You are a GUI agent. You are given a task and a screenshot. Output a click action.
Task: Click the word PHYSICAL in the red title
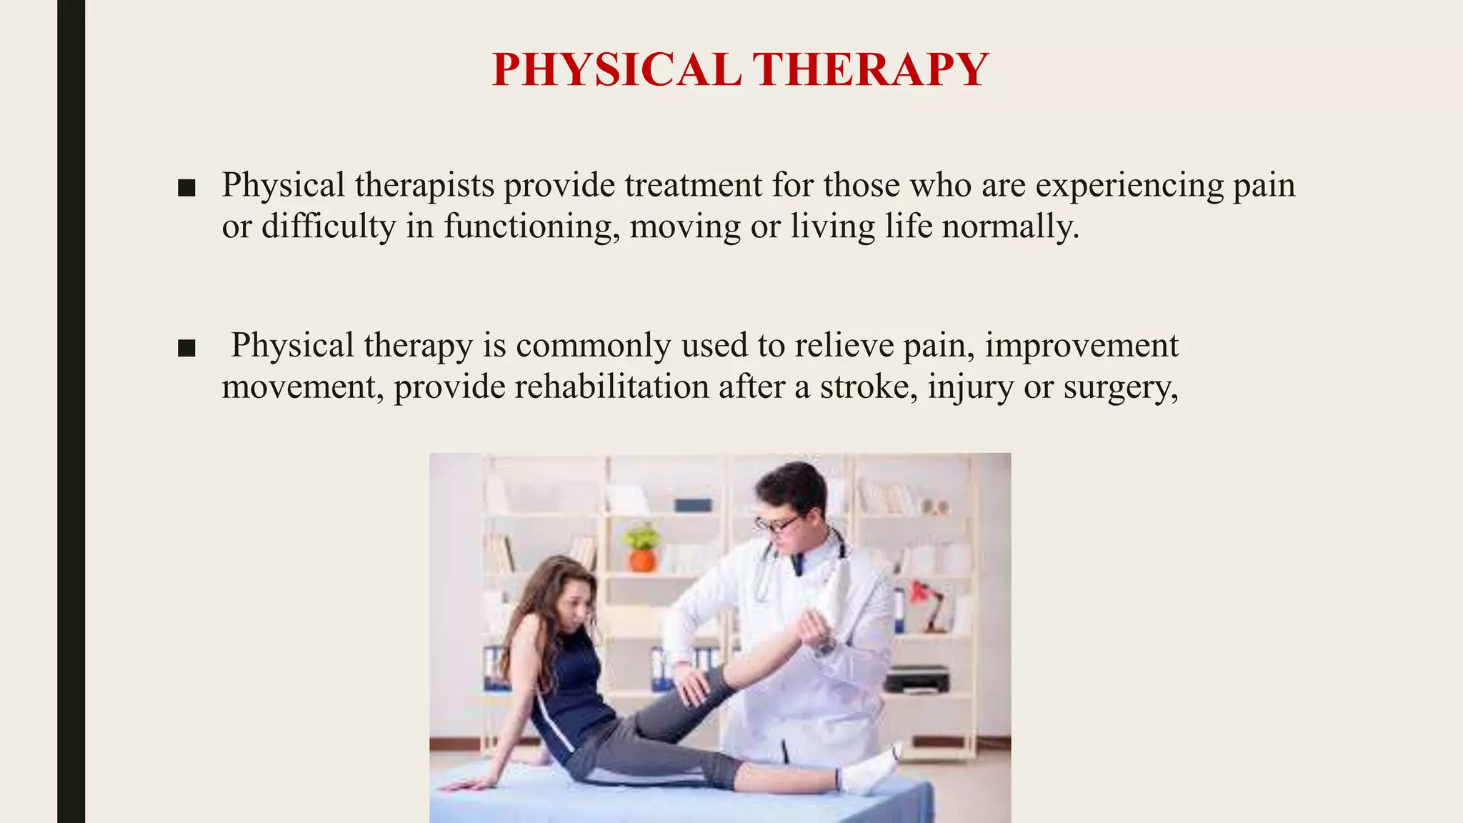(616, 70)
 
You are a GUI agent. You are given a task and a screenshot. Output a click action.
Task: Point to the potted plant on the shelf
(641, 547)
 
